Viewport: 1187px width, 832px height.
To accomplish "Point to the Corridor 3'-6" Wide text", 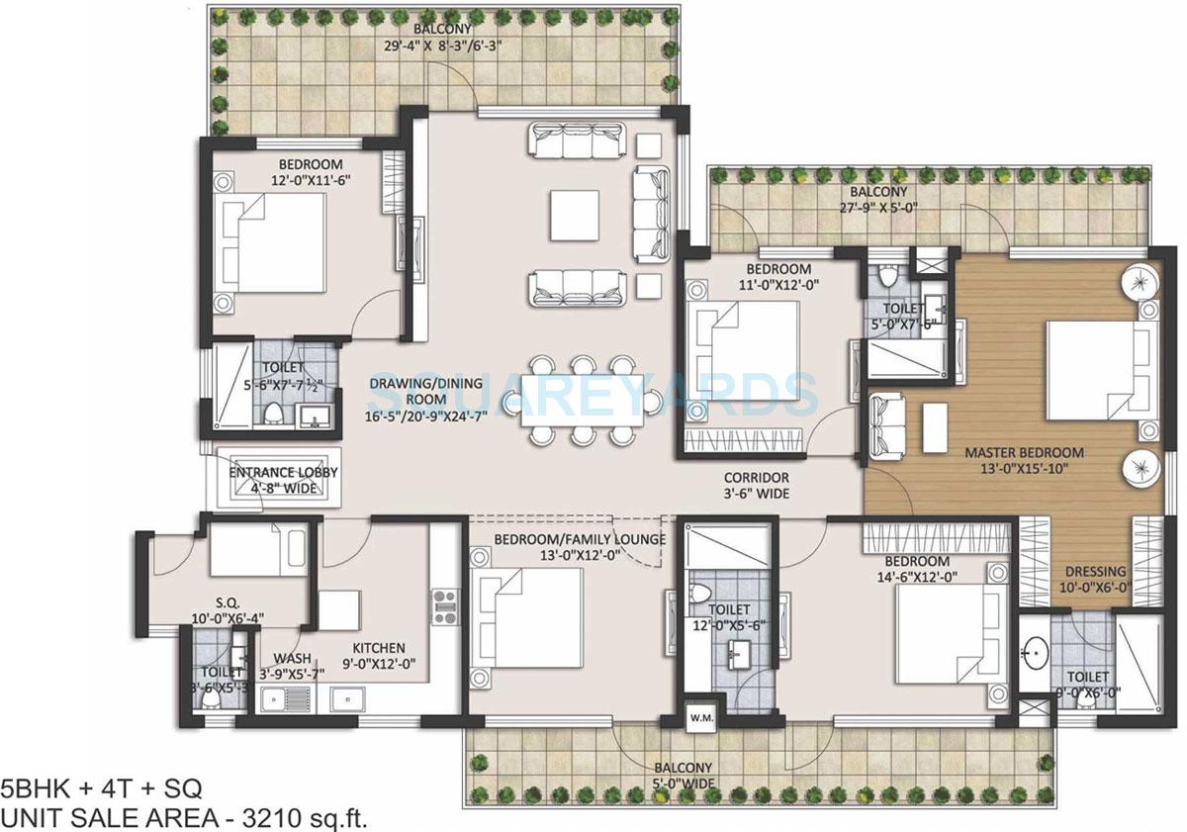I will coord(756,485).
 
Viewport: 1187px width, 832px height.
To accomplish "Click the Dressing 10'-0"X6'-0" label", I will coord(1095,580).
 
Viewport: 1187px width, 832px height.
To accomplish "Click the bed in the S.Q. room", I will coord(247,552).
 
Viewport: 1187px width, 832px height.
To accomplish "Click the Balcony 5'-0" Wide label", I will coord(682,776).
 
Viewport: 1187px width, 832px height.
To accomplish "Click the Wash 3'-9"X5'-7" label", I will coord(293,665).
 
